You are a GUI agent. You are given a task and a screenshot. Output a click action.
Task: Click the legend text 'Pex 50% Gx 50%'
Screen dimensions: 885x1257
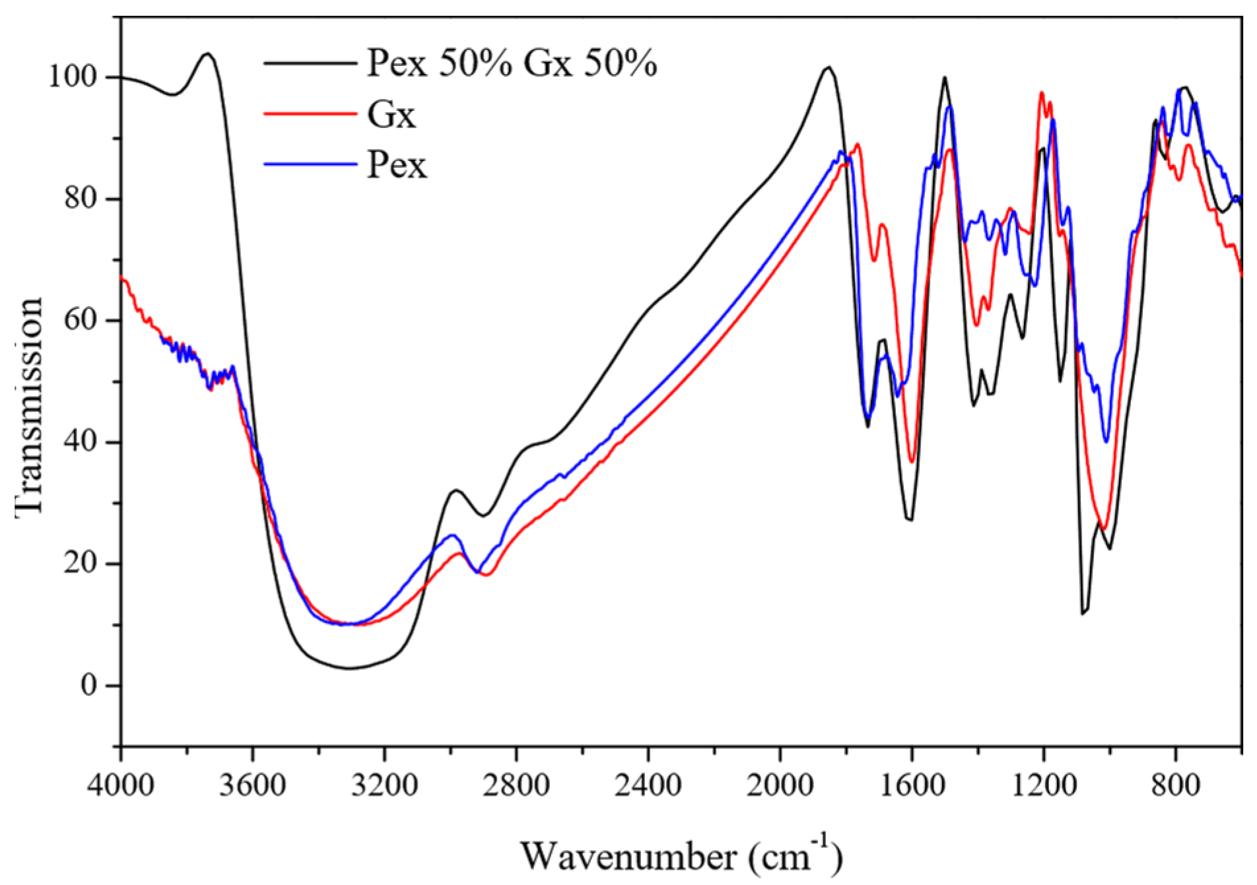[x=512, y=64]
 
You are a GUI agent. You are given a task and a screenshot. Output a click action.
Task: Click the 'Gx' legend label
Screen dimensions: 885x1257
[x=391, y=115]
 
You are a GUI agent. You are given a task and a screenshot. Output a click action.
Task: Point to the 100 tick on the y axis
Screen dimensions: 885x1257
[x=73, y=77]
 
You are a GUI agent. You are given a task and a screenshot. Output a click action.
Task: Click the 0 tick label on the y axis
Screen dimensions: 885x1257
[x=88, y=686]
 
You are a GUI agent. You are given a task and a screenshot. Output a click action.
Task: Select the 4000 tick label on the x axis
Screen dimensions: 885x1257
[x=121, y=785]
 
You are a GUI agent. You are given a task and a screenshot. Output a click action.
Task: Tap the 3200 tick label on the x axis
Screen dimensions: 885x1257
[x=384, y=785]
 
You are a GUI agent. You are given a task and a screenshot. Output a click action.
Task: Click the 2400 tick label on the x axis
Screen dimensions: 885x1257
[x=648, y=785]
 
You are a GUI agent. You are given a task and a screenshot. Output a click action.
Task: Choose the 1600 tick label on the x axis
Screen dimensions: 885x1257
[x=912, y=785]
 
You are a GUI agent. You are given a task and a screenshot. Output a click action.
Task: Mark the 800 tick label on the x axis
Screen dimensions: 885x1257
[x=1175, y=785]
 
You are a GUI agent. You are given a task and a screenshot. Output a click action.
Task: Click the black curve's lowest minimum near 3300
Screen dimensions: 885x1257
[x=350, y=669]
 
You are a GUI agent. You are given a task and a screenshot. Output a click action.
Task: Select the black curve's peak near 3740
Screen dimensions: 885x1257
[x=208, y=53]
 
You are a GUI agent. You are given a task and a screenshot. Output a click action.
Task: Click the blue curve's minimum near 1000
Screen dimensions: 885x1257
[x=1106, y=442]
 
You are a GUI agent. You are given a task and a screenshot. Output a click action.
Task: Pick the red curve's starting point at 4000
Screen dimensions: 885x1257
[x=122, y=278]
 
